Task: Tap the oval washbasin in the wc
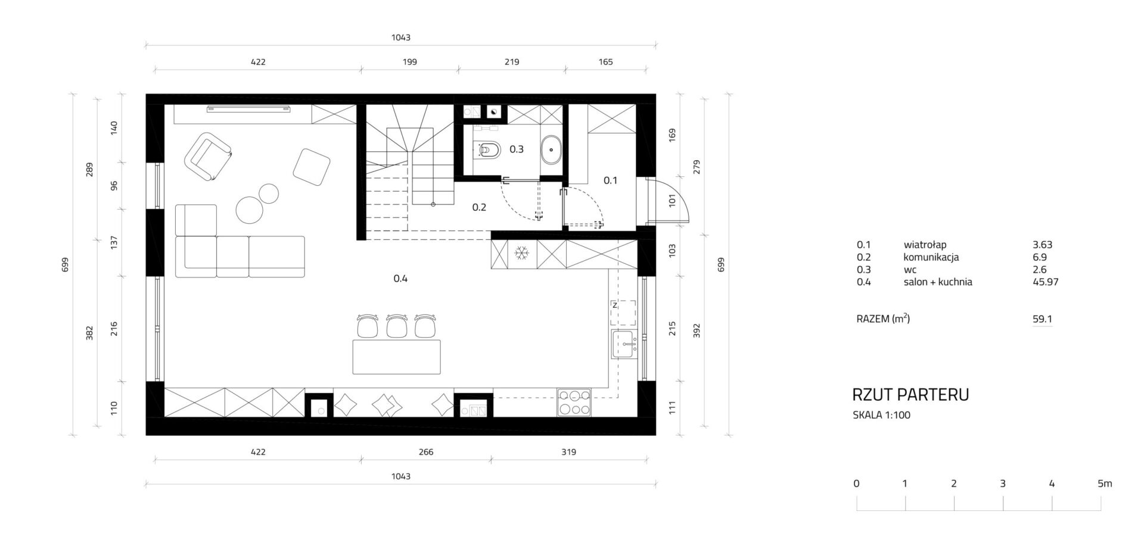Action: pos(551,149)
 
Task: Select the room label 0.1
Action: pos(611,180)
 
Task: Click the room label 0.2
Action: pos(479,207)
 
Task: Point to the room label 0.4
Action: pos(400,278)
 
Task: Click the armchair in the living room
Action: pos(208,156)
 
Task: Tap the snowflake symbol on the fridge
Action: pos(521,253)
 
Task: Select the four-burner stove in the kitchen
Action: pos(574,402)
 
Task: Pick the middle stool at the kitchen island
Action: pos(396,326)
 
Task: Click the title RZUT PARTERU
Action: pos(910,395)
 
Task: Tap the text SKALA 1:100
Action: pos(881,415)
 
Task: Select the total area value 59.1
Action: pos(1042,319)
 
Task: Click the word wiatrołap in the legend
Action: pos(925,245)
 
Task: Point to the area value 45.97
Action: pos(1045,282)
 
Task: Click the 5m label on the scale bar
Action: pos(1105,484)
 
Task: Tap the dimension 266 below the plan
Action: pos(426,452)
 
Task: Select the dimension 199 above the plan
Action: pos(409,61)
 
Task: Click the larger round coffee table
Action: pos(250,210)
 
